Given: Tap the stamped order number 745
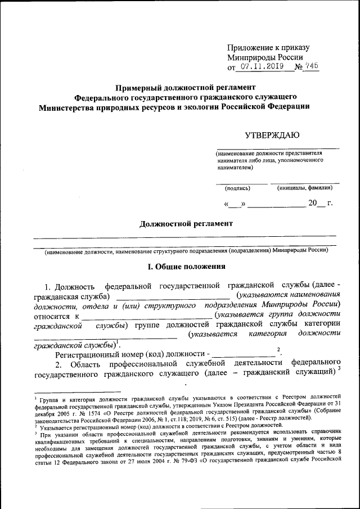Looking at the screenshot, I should [x=310, y=66].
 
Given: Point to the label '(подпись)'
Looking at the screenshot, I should [x=237, y=188].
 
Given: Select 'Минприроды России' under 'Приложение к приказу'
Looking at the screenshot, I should [x=265, y=57].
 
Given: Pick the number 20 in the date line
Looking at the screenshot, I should [x=313, y=203].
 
